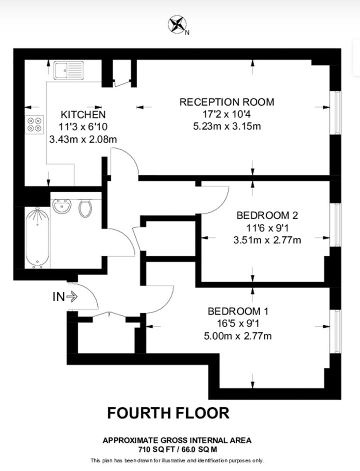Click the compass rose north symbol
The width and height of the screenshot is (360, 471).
click(x=177, y=25)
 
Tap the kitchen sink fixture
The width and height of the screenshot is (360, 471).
click(x=69, y=71)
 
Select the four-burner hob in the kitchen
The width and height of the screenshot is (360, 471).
click(x=34, y=124)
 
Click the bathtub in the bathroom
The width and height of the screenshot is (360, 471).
click(x=38, y=237)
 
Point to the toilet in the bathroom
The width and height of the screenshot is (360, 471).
click(x=85, y=209)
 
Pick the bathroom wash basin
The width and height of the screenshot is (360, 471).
click(x=62, y=207)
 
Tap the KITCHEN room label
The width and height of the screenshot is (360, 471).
click(x=83, y=115)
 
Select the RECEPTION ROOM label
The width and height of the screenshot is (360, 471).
click(x=227, y=102)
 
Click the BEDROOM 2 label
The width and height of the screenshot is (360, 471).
click(x=267, y=215)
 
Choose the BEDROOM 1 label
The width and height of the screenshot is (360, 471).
click(x=238, y=311)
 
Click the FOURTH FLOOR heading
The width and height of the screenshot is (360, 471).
click(x=168, y=413)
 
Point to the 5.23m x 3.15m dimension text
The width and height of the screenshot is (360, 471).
click(x=227, y=126)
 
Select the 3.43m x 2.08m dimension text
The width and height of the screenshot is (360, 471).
click(x=83, y=139)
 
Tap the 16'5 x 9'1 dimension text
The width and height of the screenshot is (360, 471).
click(x=238, y=323)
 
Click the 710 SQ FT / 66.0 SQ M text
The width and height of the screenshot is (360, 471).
click(x=177, y=450)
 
